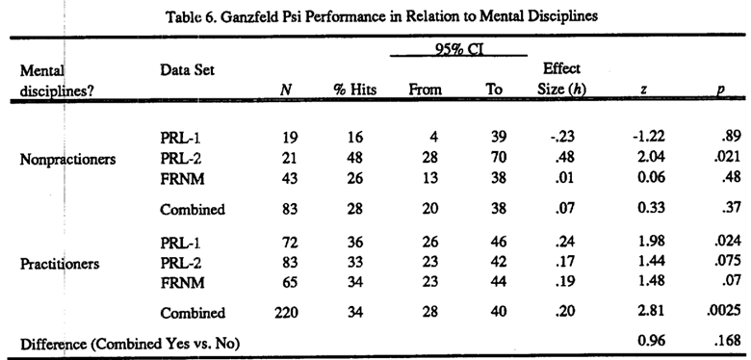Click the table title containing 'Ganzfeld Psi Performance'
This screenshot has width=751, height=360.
[x=381, y=16]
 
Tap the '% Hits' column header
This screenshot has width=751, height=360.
[x=355, y=90]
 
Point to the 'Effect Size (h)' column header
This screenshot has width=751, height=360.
[x=561, y=79]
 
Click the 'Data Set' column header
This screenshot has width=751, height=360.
[x=188, y=70]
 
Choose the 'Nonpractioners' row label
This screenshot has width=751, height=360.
[x=67, y=160]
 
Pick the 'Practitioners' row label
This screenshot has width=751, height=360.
[x=60, y=264]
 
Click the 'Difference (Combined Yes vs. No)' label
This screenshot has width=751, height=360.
[x=129, y=344]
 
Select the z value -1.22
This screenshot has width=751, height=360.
[x=648, y=137]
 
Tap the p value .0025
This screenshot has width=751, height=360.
[x=723, y=311]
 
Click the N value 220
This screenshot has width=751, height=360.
[x=286, y=313]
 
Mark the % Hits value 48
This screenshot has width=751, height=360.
[x=355, y=158]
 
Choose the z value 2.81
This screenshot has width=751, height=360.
[x=651, y=311]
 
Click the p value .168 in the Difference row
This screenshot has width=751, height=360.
[x=727, y=342]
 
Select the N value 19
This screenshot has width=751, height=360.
[x=290, y=138]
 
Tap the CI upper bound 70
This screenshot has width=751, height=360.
[x=499, y=158]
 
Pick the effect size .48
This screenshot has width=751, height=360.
[x=564, y=158]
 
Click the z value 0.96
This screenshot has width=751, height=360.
[x=651, y=342]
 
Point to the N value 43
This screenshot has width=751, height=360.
[x=290, y=179]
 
